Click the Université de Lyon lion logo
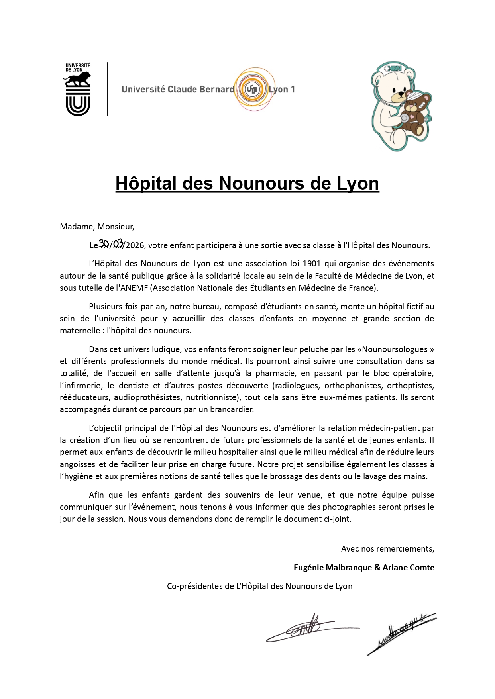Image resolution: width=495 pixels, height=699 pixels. click(78, 90)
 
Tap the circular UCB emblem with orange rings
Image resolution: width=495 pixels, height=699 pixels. click(252, 89)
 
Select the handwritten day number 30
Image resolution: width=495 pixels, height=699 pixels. click(104, 243)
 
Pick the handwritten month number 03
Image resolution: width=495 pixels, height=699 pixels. click(118, 243)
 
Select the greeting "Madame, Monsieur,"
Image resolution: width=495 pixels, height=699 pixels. click(97, 227)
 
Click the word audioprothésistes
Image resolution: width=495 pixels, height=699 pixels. click(145, 397)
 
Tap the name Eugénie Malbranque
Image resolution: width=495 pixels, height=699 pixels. click(333, 568)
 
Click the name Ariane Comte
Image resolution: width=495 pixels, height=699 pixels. click(409, 568)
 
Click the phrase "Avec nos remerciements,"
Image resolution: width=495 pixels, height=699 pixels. click(387, 549)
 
